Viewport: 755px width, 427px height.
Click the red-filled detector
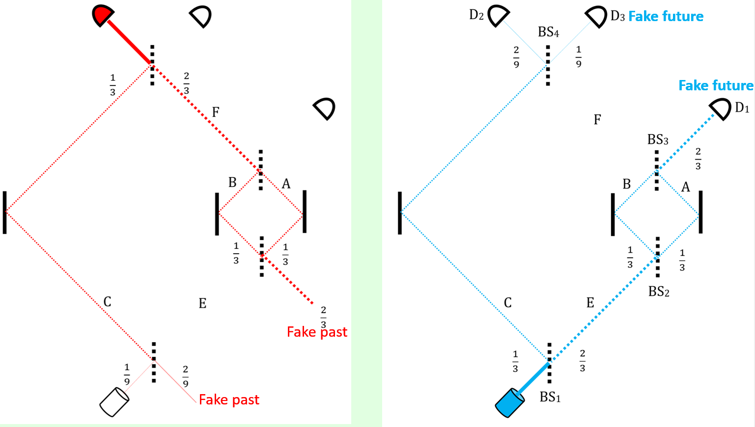[x=103, y=15]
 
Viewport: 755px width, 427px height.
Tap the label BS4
[x=548, y=32]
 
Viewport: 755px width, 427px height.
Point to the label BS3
[x=658, y=140]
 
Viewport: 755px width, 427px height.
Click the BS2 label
[x=659, y=292]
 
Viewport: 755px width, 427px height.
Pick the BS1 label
[x=550, y=397]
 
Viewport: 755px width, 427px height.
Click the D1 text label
[x=742, y=108]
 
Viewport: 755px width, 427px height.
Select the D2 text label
[x=476, y=15]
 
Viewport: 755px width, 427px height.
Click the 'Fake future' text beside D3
[x=666, y=17]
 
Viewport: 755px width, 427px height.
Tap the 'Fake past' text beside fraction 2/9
[x=229, y=400]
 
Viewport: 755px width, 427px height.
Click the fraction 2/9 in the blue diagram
[x=516, y=57]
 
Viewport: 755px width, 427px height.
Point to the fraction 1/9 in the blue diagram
[x=579, y=56]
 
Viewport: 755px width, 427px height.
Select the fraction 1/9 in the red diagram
[x=127, y=374]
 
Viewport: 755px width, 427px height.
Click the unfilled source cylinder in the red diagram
[x=114, y=402]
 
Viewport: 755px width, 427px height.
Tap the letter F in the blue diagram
[x=597, y=120]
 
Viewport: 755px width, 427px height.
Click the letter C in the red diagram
[x=107, y=301]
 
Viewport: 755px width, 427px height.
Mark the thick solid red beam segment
[x=129, y=42]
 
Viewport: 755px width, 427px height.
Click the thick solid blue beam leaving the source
[x=534, y=378]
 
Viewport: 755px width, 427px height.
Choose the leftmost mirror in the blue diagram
[x=400, y=213]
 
